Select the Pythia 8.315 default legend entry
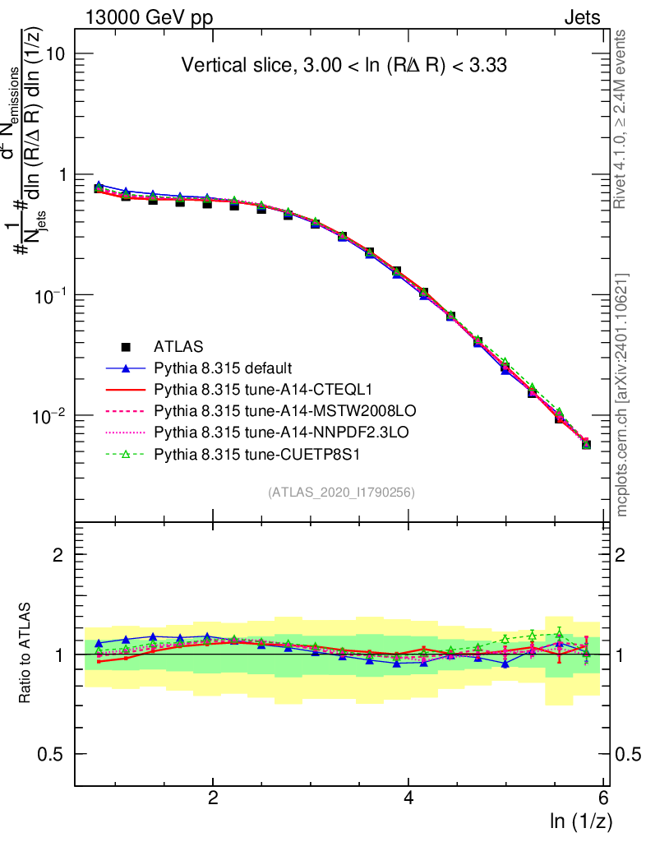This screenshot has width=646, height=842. (x=224, y=368)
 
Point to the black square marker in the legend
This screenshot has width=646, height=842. (x=127, y=346)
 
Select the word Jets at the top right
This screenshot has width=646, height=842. (x=582, y=18)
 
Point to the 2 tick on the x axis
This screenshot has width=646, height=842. (x=213, y=798)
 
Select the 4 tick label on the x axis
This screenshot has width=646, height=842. (x=408, y=798)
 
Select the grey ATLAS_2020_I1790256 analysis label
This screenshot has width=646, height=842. (x=340, y=493)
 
